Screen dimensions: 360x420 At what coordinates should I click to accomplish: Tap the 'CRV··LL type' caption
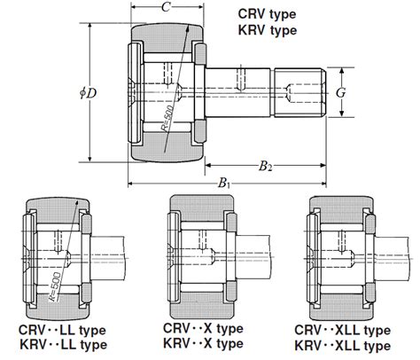(x=62, y=329)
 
